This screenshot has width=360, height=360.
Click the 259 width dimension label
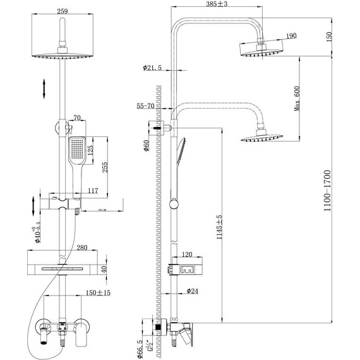point(62,11)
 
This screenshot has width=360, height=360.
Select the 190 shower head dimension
point(292,37)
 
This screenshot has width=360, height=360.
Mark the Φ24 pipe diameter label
point(193,292)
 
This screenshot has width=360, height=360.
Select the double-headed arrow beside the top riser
point(44,87)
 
